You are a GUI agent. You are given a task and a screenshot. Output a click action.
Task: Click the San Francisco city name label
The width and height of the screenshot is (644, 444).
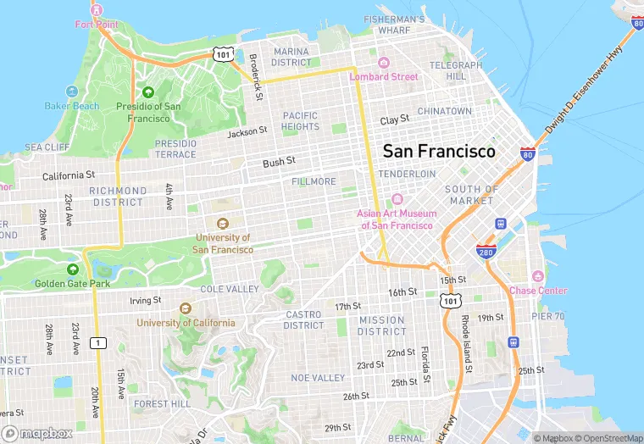coord(439,151)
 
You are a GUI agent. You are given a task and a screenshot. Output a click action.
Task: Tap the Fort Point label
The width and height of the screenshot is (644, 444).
coord(96,24)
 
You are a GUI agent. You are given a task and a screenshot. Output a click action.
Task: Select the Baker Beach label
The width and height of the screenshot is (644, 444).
coord(72,106)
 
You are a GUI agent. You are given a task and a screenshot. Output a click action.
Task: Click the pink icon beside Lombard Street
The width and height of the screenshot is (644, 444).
coord(383,63)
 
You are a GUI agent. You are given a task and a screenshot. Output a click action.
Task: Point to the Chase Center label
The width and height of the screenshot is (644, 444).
coord(538,291)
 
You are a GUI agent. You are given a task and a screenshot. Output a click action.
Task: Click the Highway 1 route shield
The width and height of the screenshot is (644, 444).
coord(100,342)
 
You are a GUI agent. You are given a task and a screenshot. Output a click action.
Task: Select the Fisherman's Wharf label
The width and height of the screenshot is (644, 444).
coord(394,25)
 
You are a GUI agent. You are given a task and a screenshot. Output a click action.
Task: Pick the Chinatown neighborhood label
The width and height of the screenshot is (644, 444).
coord(444,111)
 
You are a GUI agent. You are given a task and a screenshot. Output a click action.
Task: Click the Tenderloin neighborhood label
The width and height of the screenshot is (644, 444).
coord(407,174)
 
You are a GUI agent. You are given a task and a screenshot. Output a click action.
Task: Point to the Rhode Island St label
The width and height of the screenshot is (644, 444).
coord(465,343)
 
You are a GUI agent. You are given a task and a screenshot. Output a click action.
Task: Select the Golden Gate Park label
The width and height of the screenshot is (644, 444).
coord(73,283)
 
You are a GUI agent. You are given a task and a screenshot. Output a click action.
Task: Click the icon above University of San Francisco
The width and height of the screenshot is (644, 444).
coord(223,224)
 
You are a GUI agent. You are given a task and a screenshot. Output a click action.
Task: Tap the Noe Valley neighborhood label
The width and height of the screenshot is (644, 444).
coord(318,377)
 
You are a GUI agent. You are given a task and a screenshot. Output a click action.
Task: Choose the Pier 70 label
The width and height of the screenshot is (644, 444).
coord(547,316)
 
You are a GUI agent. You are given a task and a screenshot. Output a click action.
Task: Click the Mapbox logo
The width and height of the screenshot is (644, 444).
coord(36,433)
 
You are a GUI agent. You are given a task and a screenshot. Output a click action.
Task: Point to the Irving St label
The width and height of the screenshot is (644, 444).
coord(145,300)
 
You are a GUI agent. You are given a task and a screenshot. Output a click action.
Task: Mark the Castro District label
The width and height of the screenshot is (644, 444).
coord(303,319)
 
